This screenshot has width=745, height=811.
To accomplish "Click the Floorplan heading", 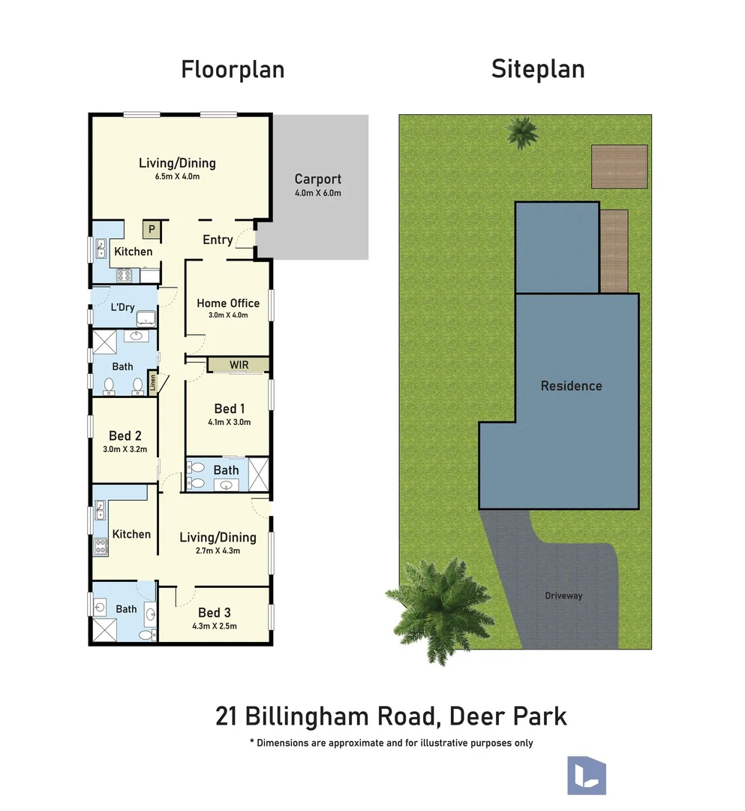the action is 233,70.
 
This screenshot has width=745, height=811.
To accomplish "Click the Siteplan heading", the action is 538,69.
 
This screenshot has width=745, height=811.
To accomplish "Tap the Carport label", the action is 318,179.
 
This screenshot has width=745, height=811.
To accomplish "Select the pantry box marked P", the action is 152,230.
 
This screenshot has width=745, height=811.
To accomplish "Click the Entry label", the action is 218,240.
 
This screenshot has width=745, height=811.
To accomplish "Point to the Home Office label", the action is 228,303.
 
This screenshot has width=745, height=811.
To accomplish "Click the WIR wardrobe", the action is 239,365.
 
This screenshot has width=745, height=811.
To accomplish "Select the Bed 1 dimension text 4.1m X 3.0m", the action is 230,422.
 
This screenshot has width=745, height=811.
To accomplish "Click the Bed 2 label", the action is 125,436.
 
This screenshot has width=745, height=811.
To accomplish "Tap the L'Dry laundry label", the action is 122,307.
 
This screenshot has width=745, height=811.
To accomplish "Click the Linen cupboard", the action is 152,383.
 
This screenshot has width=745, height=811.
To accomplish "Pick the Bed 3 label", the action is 215,613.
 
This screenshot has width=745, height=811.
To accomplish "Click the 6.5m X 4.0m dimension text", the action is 177,176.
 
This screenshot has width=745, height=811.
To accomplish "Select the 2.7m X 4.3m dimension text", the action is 218,551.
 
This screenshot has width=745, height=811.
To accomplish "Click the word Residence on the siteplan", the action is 572,386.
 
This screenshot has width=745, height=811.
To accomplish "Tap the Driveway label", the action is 563,595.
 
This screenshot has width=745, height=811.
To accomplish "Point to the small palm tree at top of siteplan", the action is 522,132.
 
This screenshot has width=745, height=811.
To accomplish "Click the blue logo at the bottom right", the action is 587,775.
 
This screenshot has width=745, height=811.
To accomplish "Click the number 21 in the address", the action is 227,717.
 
